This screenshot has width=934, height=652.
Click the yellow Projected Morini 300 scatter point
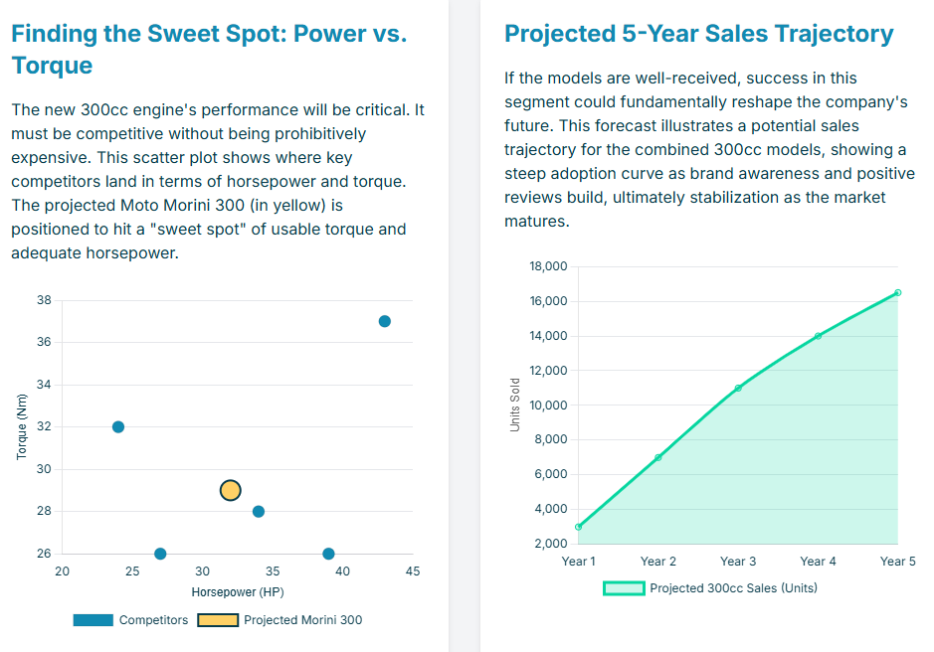[x=230, y=490]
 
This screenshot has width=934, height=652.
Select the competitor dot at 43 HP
[x=385, y=321]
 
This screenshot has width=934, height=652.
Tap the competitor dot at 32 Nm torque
[x=118, y=427]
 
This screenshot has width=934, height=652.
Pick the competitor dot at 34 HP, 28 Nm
[x=259, y=512]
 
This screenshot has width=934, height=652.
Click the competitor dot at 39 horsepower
[x=329, y=554]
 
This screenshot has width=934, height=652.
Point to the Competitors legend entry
[x=130, y=620]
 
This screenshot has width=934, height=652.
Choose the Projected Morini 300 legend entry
[x=280, y=620]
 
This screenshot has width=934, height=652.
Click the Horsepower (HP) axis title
[x=238, y=592]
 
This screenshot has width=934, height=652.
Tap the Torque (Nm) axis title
[x=22, y=426]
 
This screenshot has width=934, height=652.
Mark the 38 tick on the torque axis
[x=44, y=300]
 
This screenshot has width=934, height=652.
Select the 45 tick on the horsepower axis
[x=413, y=571]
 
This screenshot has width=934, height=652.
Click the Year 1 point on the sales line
[x=579, y=527]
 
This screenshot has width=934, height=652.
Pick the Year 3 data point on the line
[x=738, y=388]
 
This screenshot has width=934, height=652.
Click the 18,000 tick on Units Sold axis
[x=549, y=266]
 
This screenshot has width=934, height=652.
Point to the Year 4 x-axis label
[x=818, y=562]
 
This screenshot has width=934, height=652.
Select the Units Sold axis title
[x=515, y=405]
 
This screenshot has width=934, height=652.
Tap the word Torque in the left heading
[x=52, y=66]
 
